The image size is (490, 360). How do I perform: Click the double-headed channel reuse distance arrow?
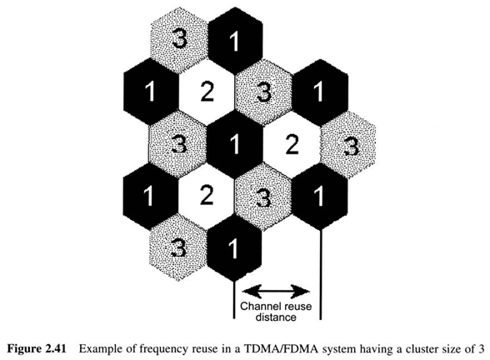coord(277,292)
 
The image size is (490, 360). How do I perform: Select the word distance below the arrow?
coord(276,317)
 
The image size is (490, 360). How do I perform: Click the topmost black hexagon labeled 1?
coord(234,41)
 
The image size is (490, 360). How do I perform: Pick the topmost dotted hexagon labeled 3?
coord(178,41)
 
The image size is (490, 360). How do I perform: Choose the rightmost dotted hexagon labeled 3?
coord(347,145)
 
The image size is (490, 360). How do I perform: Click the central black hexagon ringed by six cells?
coord(234,145)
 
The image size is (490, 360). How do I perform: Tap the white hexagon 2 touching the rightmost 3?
coord(292,145)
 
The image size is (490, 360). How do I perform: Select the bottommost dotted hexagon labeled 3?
coord(178,248)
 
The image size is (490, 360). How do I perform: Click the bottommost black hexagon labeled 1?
coord(234,248)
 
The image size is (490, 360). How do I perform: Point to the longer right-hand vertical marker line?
coord(320,274)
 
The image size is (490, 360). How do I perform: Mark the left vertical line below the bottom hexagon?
coord(234,300)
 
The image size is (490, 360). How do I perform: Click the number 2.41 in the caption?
coord(56,348)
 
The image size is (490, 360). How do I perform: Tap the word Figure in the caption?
coord(24,349)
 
